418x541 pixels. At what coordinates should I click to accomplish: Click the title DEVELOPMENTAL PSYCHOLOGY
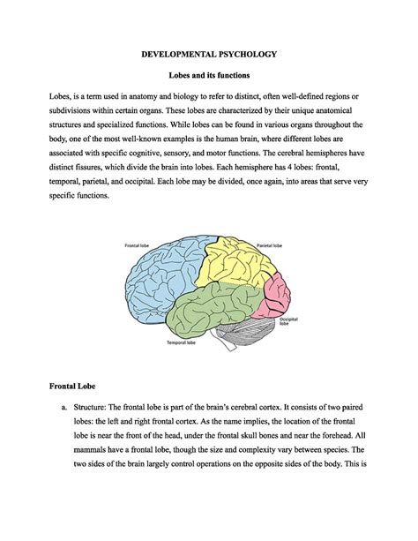pos(209,54)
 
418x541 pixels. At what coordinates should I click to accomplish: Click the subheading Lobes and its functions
pos(209,78)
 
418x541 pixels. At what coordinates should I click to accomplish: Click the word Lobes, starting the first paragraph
pos(63,102)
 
